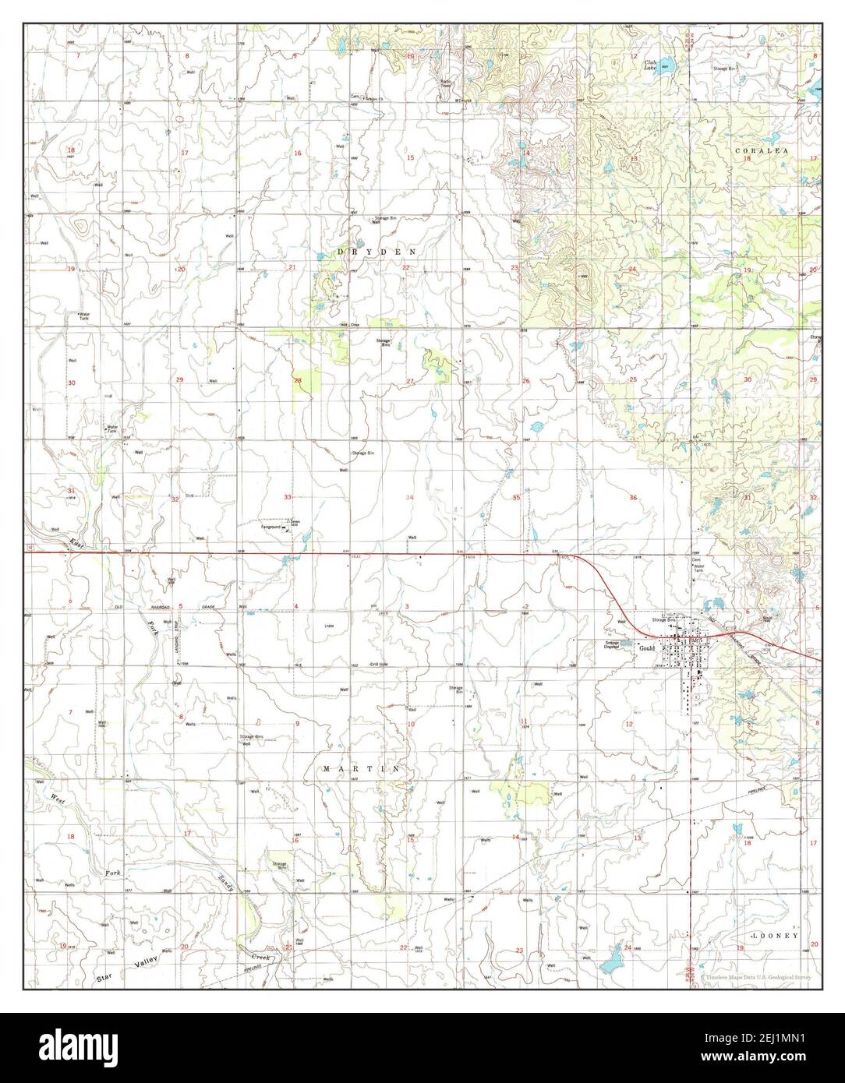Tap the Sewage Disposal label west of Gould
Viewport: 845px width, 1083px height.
coord(612,645)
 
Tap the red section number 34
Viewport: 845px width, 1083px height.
coord(409,497)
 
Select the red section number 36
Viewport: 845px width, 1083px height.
coord(633,497)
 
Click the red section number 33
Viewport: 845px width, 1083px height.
coord(288,497)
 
